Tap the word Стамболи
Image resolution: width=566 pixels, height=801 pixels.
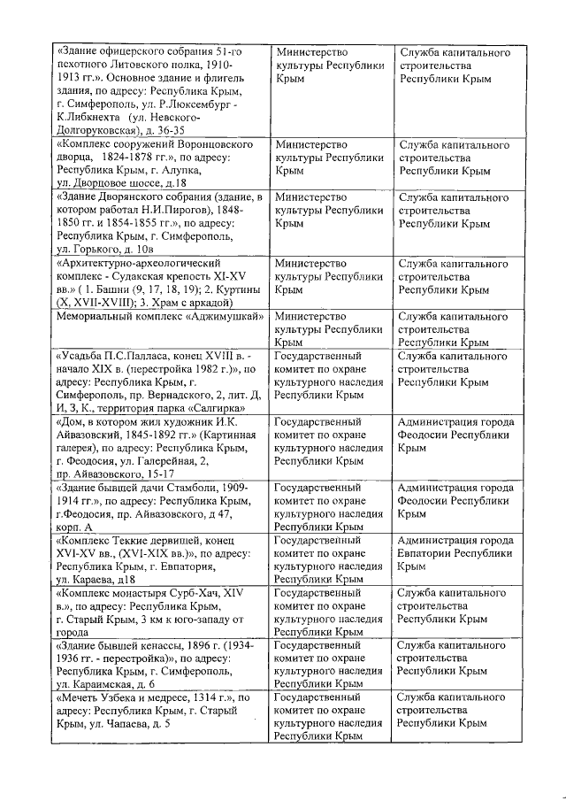click(x=195, y=488)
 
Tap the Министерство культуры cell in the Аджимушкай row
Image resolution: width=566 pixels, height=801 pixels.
click(x=329, y=328)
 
